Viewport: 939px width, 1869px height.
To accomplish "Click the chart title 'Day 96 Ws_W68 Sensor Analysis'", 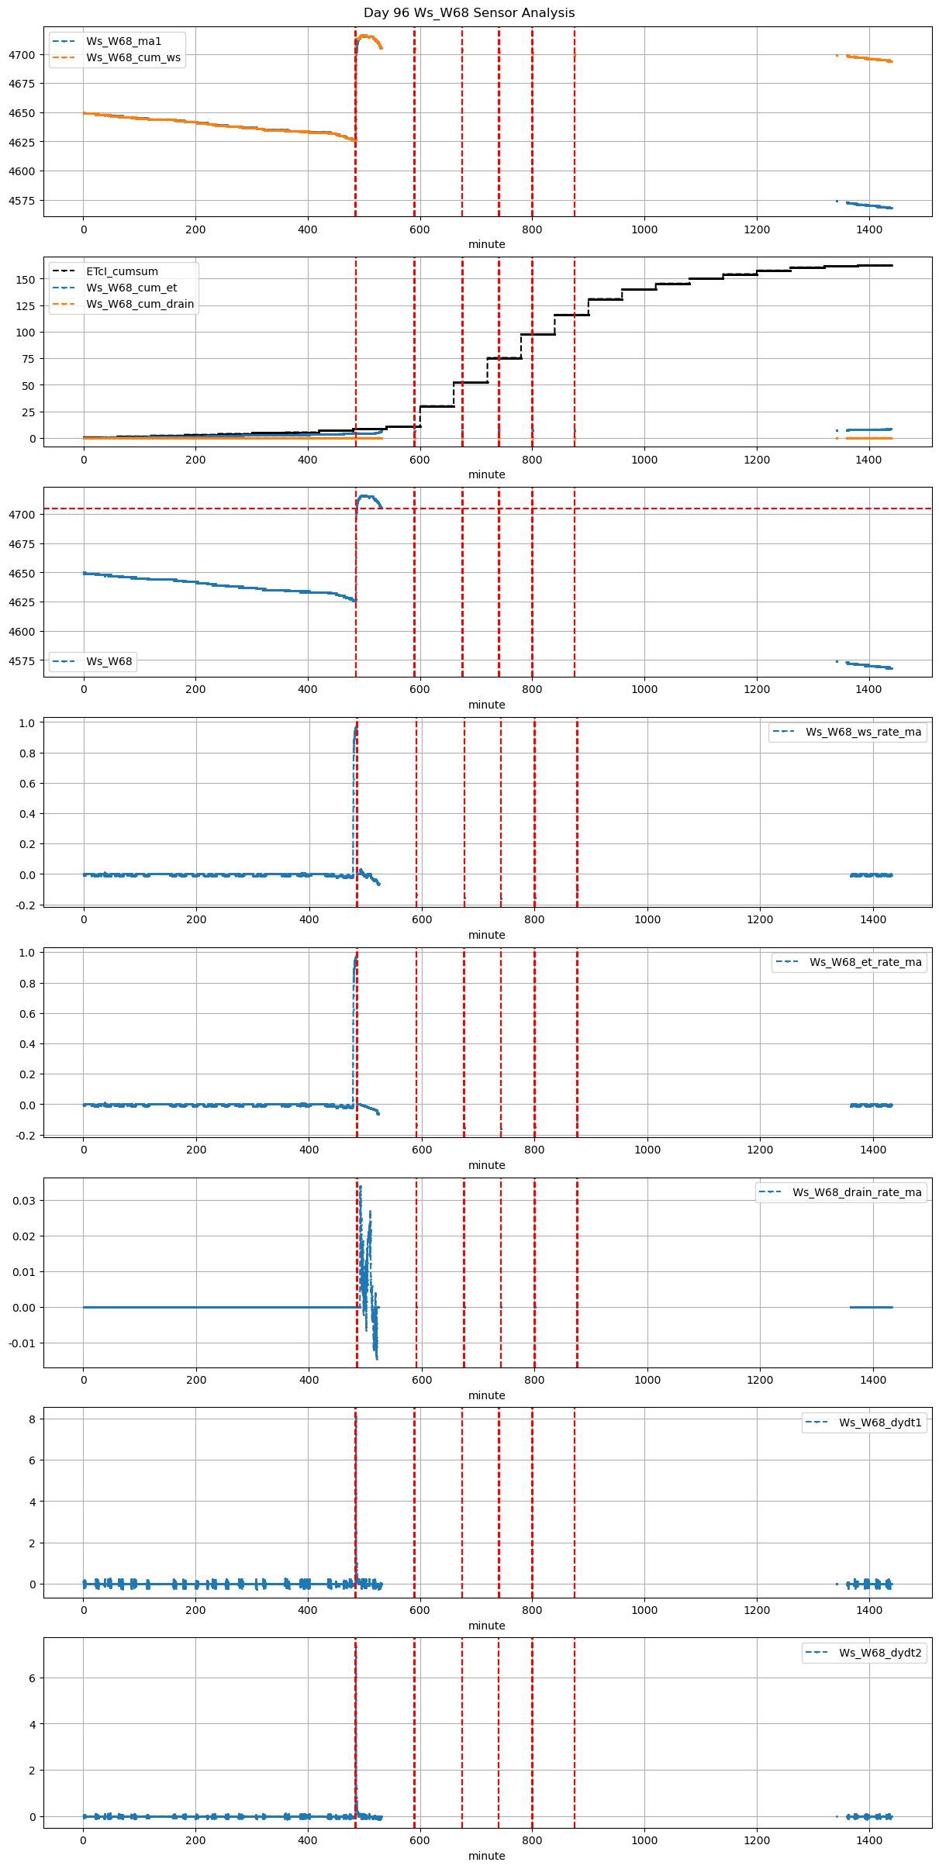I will tap(469, 13).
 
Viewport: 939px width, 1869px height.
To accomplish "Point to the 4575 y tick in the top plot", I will tap(21, 201).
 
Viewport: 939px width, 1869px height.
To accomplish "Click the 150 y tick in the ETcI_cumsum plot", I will tap(26, 279).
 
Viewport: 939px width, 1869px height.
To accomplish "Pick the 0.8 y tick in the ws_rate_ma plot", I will tap(26, 753).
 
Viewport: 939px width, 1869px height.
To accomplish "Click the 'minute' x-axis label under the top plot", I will tap(486, 244).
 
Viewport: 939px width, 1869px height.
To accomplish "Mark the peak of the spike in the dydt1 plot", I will tap(356, 1416).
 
